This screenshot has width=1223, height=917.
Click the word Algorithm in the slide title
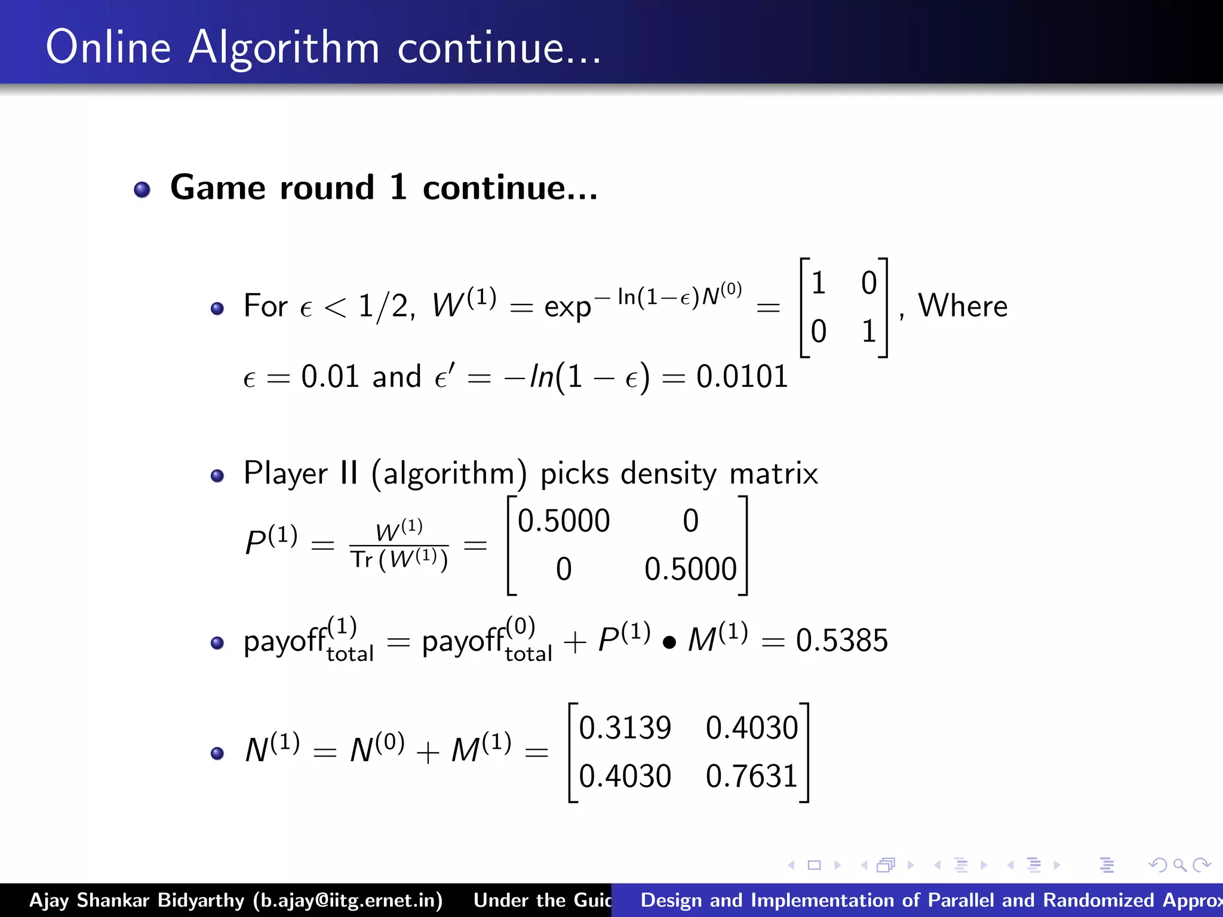coord(284,48)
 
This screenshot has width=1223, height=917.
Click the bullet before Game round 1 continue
coord(142,190)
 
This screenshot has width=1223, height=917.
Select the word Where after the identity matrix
coord(963,306)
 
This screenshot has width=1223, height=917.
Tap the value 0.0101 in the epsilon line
coord(742,377)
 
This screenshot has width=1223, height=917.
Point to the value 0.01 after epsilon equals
coord(330,377)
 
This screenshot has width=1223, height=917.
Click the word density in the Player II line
coord(668,474)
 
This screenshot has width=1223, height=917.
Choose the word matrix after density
coord(774,474)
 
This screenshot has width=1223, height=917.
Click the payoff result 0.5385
coord(842,641)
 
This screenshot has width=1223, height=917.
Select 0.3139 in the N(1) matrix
coord(625,728)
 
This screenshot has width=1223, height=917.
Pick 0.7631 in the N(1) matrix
coord(752,776)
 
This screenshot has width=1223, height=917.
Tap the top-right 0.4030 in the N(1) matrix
coord(752,728)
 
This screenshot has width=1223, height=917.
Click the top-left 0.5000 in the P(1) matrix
coord(564,521)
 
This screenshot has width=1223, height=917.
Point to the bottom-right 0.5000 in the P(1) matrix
coord(690,569)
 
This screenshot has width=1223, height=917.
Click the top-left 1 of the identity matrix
coord(818,283)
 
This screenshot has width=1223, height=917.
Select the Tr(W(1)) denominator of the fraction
coord(399,560)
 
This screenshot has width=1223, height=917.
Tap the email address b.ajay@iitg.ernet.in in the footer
coord(348,900)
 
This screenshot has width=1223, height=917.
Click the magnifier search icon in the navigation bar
coord(1179,865)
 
